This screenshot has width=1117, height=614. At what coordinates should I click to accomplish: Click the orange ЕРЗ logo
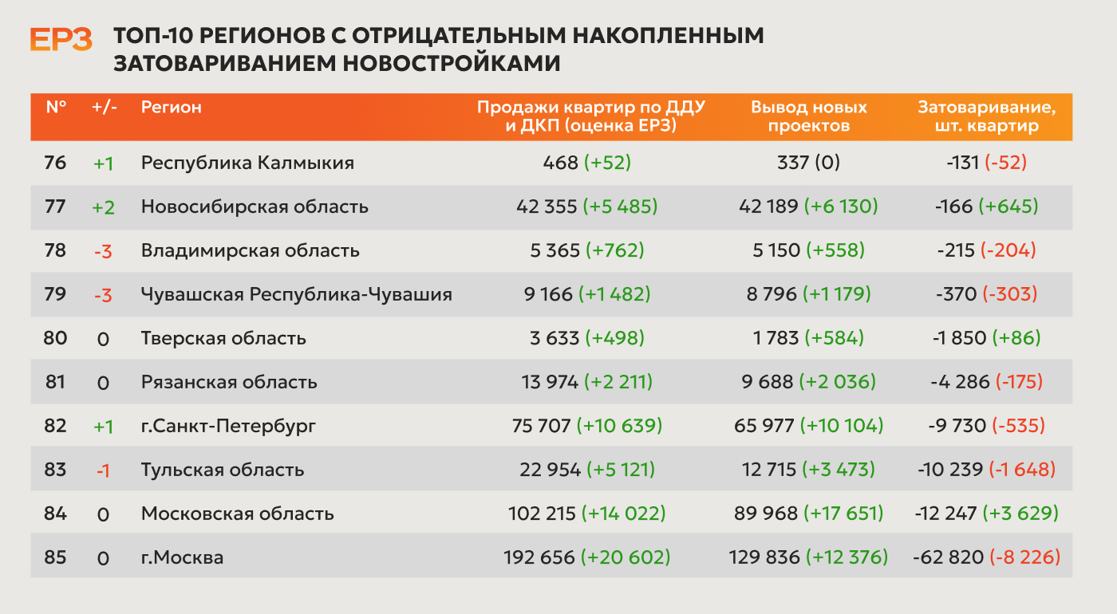[x=61, y=39]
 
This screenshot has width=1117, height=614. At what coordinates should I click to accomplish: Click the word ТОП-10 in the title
[x=154, y=35]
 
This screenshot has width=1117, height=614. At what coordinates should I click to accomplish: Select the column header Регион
[x=171, y=107]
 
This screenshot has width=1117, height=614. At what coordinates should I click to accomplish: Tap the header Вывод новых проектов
[x=809, y=116]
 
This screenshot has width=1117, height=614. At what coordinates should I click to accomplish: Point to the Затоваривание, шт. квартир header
[x=987, y=116]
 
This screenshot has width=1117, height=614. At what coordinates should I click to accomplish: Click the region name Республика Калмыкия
[x=247, y=163]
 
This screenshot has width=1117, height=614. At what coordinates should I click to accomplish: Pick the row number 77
[x=55, y=207]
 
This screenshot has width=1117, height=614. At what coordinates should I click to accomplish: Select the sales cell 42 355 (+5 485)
[x=587, y=207]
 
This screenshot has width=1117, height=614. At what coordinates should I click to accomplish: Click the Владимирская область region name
[x=250, y=250]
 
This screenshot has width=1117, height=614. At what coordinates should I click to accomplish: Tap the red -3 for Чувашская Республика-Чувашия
[x=103, y=295]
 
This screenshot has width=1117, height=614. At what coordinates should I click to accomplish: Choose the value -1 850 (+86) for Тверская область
[x=986, y=338]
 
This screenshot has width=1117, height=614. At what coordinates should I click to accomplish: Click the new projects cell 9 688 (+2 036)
[x=808, y=382]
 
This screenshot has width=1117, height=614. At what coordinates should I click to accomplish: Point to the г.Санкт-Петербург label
[x=228, y=426]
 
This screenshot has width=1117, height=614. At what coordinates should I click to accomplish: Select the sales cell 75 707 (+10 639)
[x=587, y=426]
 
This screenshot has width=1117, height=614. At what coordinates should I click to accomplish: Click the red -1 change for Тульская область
[x=103, y=470]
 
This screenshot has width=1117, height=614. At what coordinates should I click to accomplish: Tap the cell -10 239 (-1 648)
[x=986, y=470]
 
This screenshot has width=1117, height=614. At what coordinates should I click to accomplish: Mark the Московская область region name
[x=238, y=514]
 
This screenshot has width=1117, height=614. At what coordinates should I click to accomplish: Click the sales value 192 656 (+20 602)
[x=587, y=557]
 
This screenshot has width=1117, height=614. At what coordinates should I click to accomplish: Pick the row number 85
[x=55, y=557]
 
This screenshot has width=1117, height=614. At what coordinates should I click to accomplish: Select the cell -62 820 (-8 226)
[x=986, y=557]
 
